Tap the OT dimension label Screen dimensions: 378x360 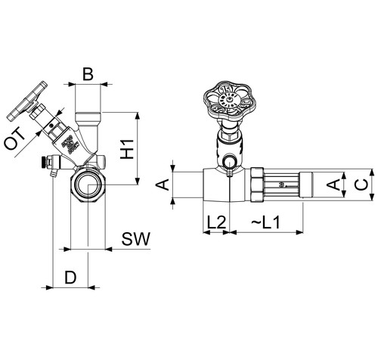click(15, 139)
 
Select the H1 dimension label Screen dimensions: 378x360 click(127, 149)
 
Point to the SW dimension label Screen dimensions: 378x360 click(136, 239)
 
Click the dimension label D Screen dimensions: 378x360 click(70, 277)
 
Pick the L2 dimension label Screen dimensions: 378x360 click(216, 222)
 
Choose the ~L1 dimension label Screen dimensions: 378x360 click(265, 222)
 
